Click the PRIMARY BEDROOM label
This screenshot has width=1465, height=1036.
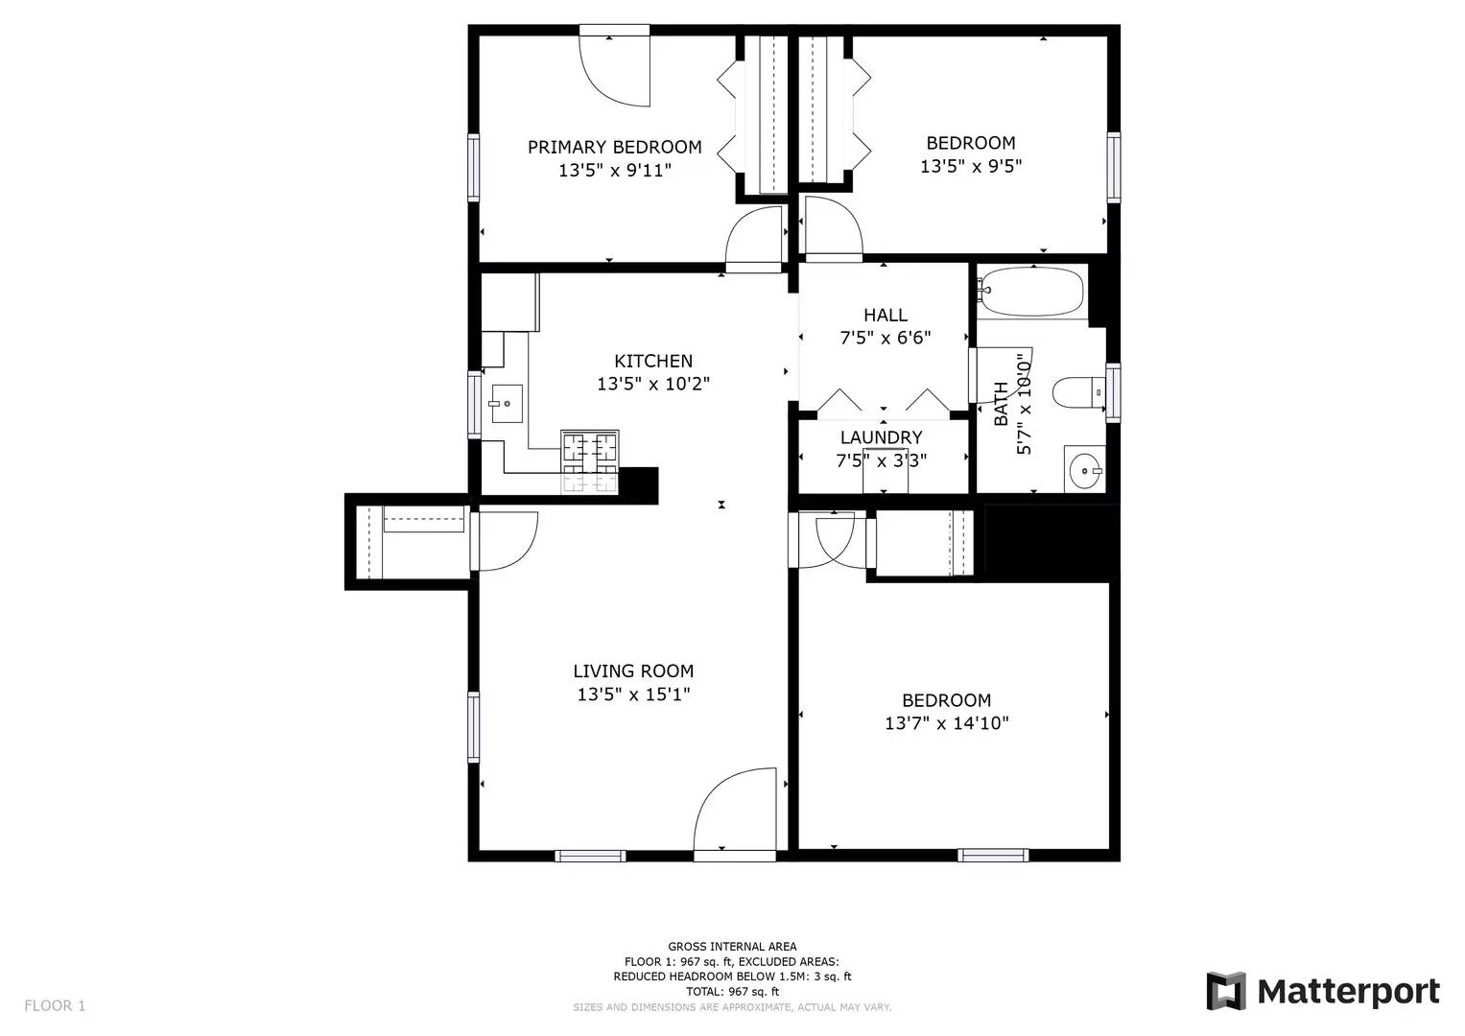[614, 147]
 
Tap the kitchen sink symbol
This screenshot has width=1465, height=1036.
[506, 404]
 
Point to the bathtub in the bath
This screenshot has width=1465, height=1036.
[1031, 291]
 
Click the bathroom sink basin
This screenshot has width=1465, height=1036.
[1085, 470]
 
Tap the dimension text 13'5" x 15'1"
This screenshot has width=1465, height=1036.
[633, 695]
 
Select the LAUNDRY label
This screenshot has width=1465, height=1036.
[881, 437]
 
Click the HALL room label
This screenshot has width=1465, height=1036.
[885, 315]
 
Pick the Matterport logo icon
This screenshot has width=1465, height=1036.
[1225, 991]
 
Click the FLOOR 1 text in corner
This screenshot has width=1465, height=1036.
[55, 1005]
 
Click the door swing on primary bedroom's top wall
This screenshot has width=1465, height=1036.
[616, 69]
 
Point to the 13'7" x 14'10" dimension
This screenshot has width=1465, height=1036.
[946, 723]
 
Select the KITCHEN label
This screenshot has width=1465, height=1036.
[652, 361]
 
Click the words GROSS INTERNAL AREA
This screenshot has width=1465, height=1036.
[732, 947]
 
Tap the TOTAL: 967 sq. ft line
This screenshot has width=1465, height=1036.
[732, 992]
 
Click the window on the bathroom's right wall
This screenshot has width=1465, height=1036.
[1113, 392]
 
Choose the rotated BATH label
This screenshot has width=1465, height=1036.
[1001, 404]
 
